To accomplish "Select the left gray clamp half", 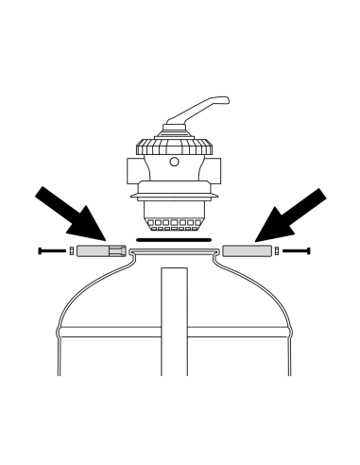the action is (100, 251).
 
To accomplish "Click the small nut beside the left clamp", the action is (71, 251).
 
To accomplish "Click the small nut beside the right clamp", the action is (277, 251).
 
